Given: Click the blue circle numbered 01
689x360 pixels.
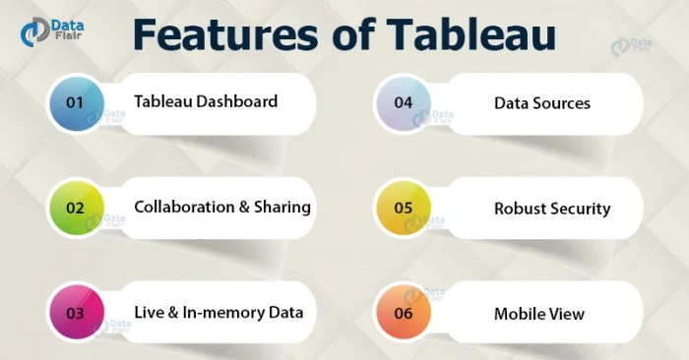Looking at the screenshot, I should click(75, 102).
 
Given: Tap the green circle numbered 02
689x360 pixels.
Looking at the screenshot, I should click(75, 209).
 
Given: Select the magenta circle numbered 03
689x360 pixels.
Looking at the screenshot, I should click(75, 314).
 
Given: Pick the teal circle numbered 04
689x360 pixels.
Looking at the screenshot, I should click(403, 102).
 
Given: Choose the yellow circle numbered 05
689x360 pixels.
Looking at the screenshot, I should click(403, 209).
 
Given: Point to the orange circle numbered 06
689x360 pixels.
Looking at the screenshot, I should click(403, 314).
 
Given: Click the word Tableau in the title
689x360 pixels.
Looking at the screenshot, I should click(472, 34).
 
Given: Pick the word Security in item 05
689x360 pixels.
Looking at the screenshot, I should click(582, 209).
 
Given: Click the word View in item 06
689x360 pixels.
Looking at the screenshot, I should click(568, 314).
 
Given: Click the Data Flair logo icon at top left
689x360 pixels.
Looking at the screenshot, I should click(35, 31).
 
